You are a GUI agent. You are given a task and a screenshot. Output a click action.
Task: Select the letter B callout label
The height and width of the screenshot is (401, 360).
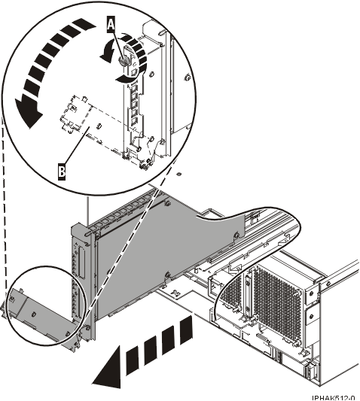click(x=63, y=172)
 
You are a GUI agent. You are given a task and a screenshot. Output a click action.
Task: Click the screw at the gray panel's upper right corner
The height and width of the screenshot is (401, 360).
click(x=236, y=235)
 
